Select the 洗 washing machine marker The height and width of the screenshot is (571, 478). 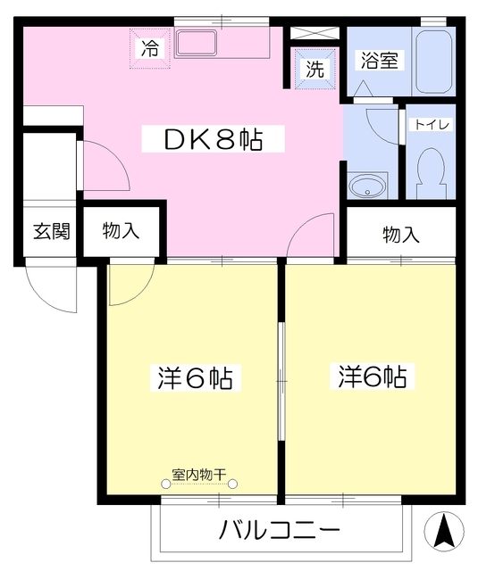tap(315, 69)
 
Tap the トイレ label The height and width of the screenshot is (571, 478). tap(431, 125)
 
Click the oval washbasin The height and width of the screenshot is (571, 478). tap(367, 186)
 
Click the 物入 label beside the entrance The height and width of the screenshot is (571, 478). tap(121, 232)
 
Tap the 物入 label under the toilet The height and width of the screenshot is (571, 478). tap(400, 235)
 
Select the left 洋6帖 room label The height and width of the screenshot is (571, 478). tap(190, 377)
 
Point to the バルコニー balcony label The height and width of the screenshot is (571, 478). tap(280, 532)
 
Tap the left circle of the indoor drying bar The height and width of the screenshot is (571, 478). tap(166, 484)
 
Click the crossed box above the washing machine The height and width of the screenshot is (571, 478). tap(314, 33)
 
